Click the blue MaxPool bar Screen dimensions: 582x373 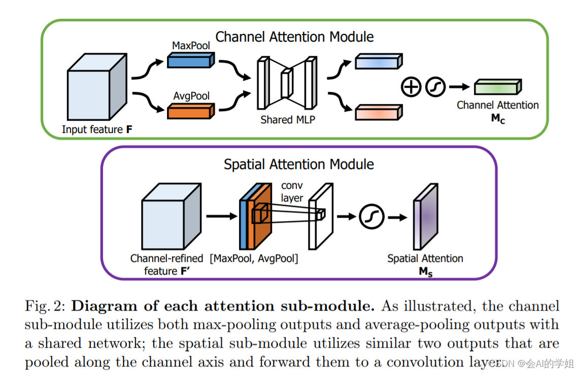(191, 60)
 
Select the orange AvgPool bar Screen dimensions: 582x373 (191, 111)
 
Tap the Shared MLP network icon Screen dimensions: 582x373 (287, 83)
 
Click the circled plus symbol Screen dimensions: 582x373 (411, 87)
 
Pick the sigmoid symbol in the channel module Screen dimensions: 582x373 (435, 87)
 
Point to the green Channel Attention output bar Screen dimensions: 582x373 (498, 87)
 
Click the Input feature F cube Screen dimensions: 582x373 (97, 87)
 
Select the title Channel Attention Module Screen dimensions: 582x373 (294, 37)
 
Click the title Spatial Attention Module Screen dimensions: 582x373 (299, 164)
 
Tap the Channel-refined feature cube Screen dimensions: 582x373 (172, 216)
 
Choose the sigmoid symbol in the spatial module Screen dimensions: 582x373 (371, 217)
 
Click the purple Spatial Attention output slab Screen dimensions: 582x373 (426, 216)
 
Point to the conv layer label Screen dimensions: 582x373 (292, 191)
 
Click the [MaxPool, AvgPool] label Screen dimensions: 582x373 (254, 258)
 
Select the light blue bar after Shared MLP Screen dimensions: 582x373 (379, 61)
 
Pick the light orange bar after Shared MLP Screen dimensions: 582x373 (379, 113)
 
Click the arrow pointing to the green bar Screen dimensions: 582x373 (460, 87)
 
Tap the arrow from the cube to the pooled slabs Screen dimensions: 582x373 (222, 216)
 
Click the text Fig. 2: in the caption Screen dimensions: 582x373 (45, 306)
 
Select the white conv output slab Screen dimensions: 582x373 (321, 216)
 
